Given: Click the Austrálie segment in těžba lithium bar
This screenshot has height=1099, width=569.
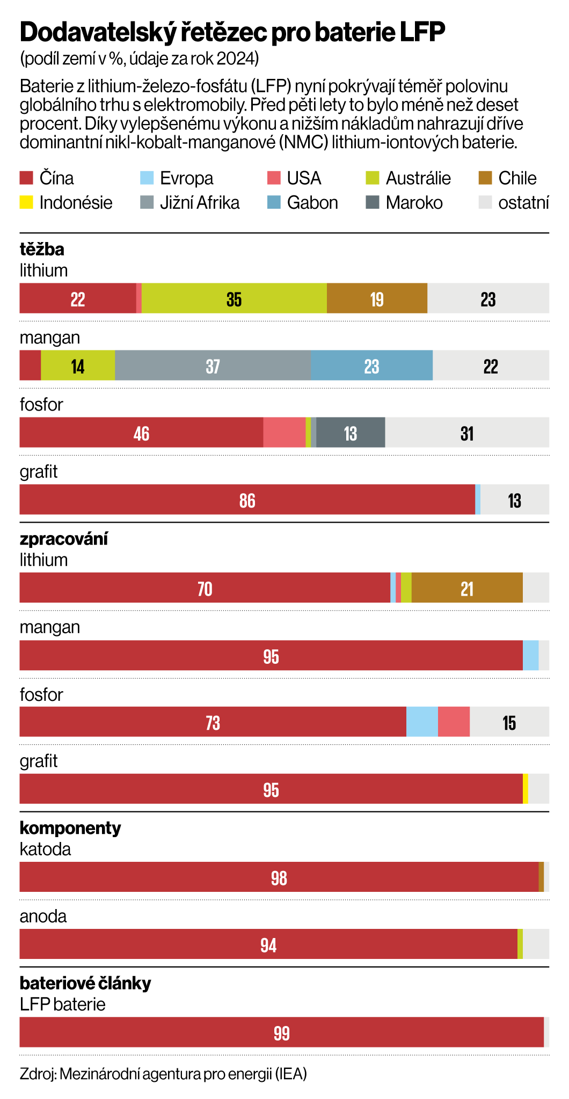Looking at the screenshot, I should click(234, 298).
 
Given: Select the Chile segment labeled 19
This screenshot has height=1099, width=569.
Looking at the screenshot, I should click(377, 298).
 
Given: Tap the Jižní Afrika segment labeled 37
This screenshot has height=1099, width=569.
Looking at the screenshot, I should click(213, 365).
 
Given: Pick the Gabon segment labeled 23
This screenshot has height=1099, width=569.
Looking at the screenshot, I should click(371, 365).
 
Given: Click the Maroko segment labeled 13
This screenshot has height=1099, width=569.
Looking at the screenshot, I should click(351, 433).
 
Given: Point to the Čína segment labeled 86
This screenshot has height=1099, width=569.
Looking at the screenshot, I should click(247, 500).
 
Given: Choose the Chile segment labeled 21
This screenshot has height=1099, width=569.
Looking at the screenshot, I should click(467, 588).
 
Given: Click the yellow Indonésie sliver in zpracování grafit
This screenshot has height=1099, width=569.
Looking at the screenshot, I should click(526, 789).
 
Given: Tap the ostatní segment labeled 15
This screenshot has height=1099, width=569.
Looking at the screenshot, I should click(509, 722).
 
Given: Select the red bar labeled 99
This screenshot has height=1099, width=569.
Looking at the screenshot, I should click(281, 1032).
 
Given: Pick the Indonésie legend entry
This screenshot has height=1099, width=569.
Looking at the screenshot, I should click(75, 203).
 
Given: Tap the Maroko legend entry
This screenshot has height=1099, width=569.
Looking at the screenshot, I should click(414, 203).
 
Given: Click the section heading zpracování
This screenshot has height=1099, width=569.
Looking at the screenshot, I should click(64, 539).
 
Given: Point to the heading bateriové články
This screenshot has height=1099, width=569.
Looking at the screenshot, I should click(85, 983).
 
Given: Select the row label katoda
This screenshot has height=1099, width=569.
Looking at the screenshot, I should click(45, 849).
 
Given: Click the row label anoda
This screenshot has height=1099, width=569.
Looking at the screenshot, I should click(43, 916).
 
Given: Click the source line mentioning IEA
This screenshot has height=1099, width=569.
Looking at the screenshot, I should click(163, 1074).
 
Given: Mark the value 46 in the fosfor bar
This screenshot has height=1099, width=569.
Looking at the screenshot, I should click(141, 433).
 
